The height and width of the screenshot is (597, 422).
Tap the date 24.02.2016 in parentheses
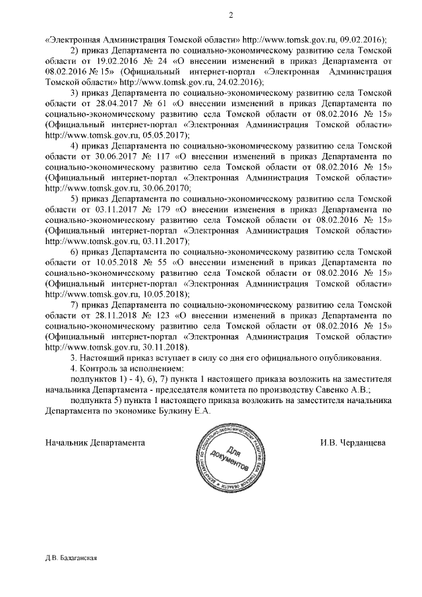click(x=239, y=82)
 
